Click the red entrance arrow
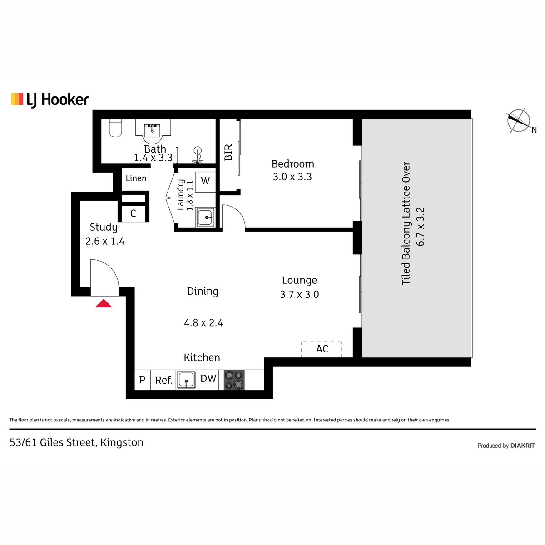click(104, 303)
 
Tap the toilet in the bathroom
click(115, 128)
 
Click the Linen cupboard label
click(136, 178)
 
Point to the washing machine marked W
click(205, 182)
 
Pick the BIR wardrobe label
click(228, 152)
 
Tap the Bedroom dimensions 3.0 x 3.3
click(292, 177)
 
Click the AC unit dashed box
click(321, 349)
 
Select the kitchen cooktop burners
click(234, 380)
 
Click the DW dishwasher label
click(208, 378)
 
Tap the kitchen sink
click(186, 380)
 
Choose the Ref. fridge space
click(163, 380)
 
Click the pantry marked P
click(143, 380)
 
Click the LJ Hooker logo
click(50, 99)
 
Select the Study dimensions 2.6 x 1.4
click(105, 241)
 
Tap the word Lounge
click(299, 280)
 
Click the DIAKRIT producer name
click(523, 446)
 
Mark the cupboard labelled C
click(133, 213)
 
